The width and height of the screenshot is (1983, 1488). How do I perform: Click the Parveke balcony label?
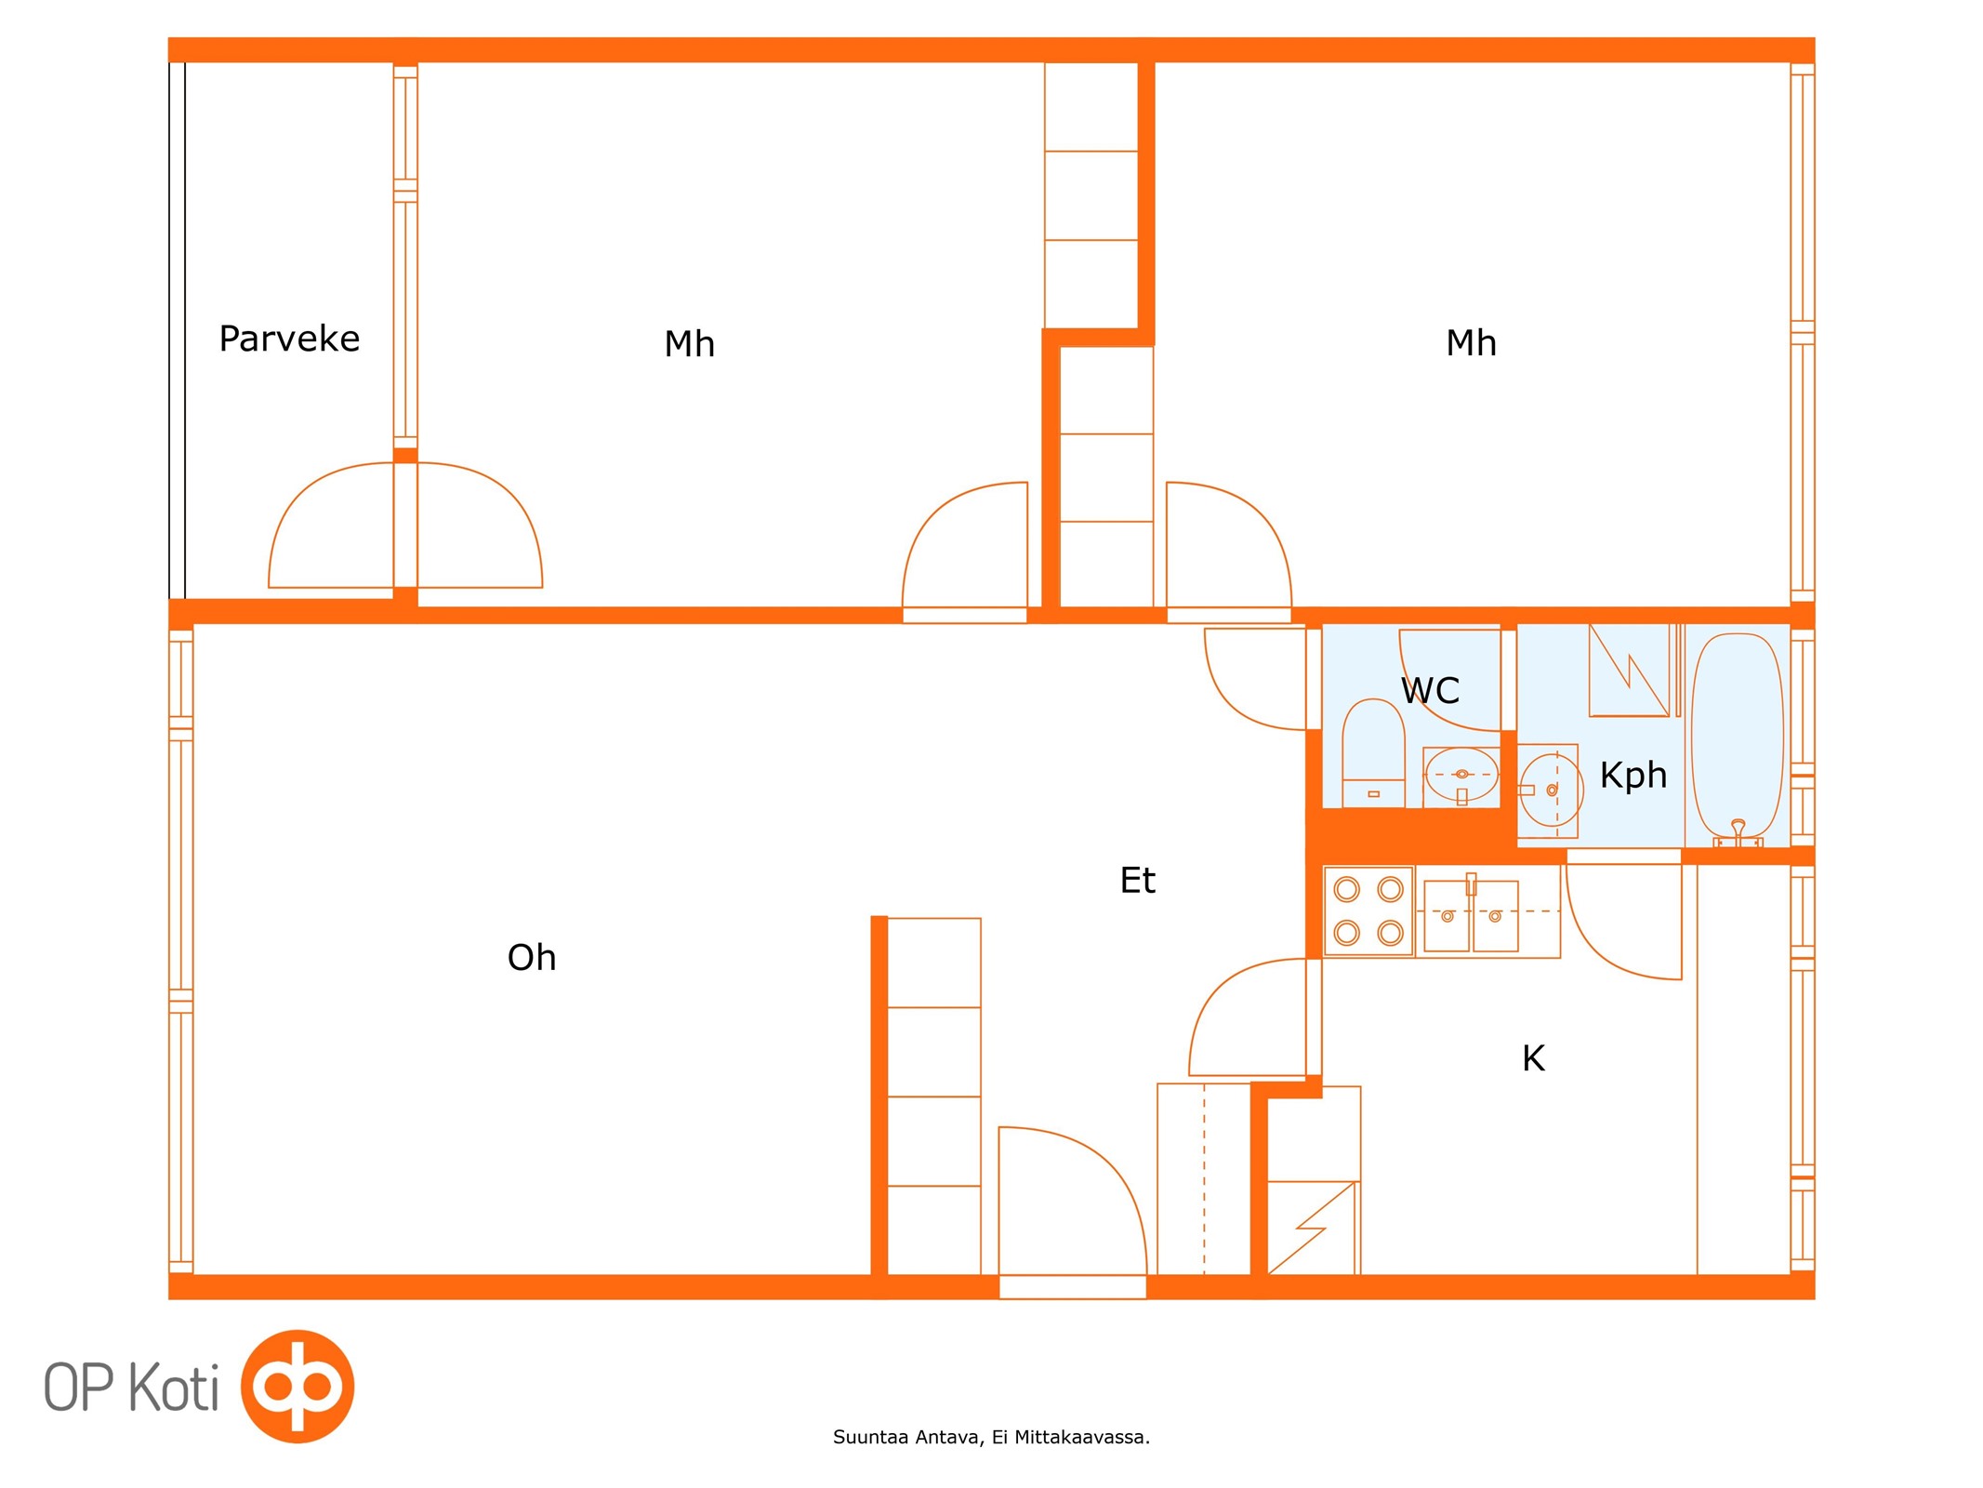(289, 339)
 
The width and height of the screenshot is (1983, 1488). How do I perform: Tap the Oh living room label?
(532, 957)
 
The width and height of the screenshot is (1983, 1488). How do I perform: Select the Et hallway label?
(1137, 880)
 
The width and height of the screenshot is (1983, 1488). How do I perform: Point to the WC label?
(1430, 691)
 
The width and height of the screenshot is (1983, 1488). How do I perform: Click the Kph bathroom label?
(1633, 775)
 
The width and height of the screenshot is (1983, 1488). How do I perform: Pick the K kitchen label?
(1533, 1058)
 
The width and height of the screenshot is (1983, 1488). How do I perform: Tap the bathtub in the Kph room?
(1738, 737)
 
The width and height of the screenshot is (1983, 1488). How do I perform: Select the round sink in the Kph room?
(1550, 790)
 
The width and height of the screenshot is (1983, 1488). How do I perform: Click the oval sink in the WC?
(1461, 775)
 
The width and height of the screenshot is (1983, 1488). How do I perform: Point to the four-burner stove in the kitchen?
(1368, 911)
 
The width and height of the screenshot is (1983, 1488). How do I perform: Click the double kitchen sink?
(1471, 916)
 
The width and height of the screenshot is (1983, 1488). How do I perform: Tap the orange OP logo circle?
(297, 1387)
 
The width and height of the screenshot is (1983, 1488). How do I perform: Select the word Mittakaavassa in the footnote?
(1082, 1438)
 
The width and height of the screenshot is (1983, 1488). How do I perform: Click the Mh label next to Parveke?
(689, 344)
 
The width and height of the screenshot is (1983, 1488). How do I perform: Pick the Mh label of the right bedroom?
(1471, 343)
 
